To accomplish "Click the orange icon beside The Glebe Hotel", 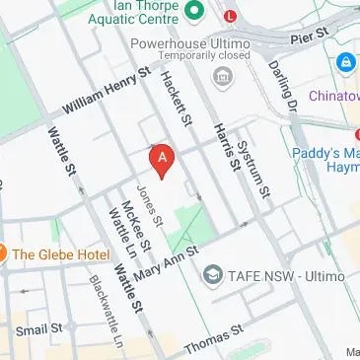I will [3, 254].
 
